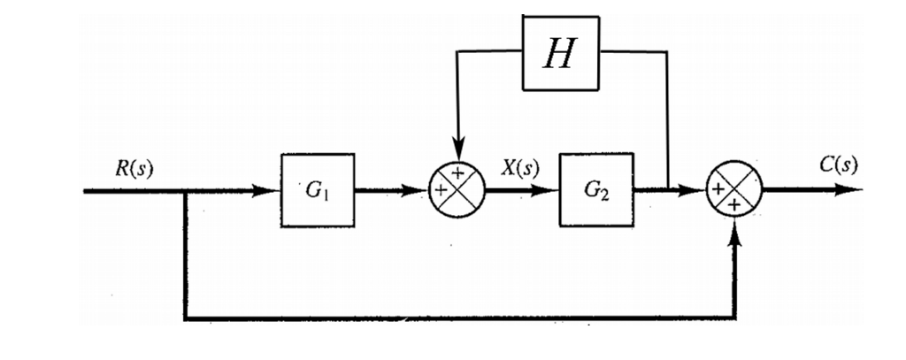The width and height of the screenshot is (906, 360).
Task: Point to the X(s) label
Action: [519, 168]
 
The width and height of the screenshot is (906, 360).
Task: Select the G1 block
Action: [318, 190]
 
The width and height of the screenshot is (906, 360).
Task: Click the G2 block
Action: [596, 190]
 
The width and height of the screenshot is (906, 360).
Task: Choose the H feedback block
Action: [561, 53]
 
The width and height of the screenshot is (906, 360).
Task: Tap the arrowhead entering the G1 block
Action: [271, 190]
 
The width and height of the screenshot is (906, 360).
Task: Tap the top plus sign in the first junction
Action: [458, 175]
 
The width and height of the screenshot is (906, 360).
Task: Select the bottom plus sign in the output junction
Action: [734, 205]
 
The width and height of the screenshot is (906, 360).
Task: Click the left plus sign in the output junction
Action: [719, 190]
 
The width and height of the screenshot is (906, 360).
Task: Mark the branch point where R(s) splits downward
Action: [185, 190]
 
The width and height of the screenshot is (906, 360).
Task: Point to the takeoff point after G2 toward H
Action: [667, 189]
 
